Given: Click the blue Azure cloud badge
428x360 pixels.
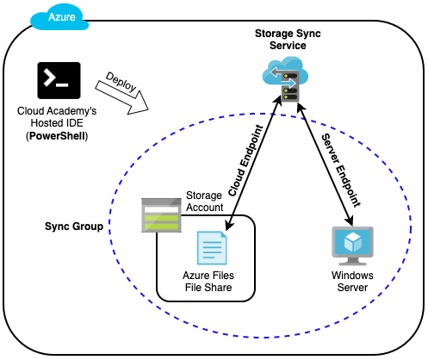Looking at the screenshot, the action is click(59, 17).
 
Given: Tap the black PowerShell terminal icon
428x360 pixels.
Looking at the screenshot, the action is click(59, 80).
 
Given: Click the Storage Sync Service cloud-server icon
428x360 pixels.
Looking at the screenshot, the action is click(285, 79).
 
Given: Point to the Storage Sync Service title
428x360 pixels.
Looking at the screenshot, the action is click(288, 40).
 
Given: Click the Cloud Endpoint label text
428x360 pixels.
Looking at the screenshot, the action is click(245, 161).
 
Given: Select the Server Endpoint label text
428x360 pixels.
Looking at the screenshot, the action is click(340, 171).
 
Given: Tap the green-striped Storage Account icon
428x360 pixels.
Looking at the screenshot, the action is click(161, 215).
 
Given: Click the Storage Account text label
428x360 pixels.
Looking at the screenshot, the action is click(204, 202).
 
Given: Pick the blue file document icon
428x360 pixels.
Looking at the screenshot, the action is click(212, 248).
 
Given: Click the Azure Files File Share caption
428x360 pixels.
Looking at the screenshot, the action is click(208, 282).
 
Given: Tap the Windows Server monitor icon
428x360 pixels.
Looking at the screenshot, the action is click(352, 246).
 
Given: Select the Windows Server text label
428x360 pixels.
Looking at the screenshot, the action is click(352, 282).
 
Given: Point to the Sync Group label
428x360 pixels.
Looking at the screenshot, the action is click(74, 227).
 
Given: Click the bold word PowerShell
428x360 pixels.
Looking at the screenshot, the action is click(58, 136).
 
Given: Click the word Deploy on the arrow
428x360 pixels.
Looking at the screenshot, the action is click(121, 82).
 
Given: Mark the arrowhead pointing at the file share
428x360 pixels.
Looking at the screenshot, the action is click(229, 226).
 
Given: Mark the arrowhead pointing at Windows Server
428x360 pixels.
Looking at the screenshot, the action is click(350, 220).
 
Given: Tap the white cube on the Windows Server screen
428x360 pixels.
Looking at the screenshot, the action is click(352, 241).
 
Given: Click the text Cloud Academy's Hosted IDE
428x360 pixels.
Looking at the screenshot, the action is click(57, 117).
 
